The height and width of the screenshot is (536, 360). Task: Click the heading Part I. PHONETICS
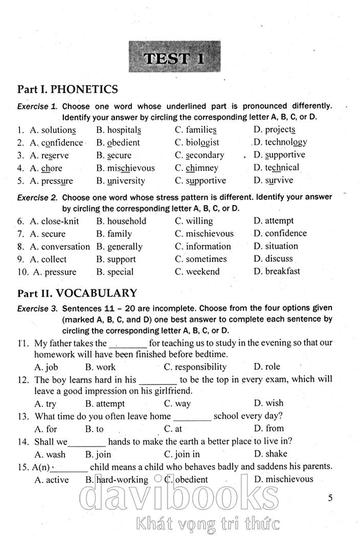coord(67,90)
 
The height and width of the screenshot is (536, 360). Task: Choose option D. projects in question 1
coord(274,130)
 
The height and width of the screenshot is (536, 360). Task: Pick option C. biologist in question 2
coord(197,143)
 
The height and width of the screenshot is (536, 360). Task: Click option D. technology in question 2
coord(280,142)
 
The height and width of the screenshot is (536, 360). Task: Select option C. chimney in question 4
coord(196,168)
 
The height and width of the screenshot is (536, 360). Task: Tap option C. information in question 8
coord(203,247)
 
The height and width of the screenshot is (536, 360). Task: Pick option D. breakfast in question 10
coord(277,272)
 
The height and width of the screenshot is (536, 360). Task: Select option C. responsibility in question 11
coord(195,367)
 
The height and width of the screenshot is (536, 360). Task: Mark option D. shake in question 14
coord(271,454)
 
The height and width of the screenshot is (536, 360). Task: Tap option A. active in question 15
coord(51,480)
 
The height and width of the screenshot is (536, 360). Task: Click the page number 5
coord(330,498)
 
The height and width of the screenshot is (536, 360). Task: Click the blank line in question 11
coord(128,344)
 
